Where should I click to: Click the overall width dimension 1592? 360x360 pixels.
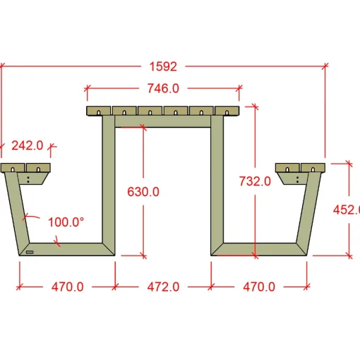[x=163, y=66]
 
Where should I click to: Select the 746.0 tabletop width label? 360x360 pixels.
[x=163, y=88]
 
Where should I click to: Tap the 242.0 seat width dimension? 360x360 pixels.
[x=28, y=145]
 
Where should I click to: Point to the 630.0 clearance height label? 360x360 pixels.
[x=143, y=191]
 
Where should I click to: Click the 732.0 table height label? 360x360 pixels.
[x=255, y=181]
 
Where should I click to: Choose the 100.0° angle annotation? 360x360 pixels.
[x=66, y=222]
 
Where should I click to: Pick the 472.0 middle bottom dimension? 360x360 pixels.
[x=163, y=287]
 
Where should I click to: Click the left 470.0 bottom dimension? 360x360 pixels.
[x=68, y=287]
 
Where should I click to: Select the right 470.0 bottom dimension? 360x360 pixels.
[x=259, y=287]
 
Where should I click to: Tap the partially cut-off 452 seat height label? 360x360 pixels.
[x=347, y=210]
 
